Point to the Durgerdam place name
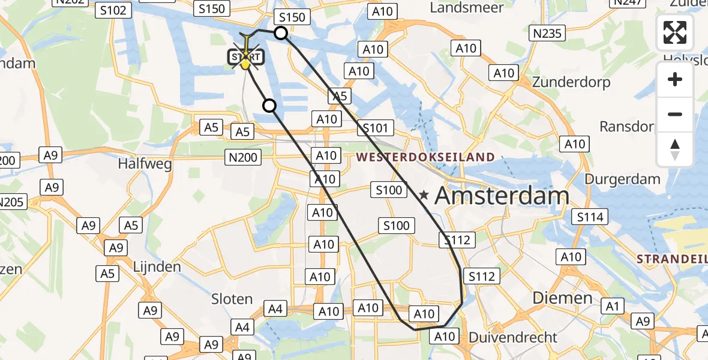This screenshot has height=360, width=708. coord(622,179)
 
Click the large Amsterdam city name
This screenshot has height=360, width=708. coord(502,196)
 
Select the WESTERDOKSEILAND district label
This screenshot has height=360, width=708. coord(426,158)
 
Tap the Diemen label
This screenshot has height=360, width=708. coord(563,298)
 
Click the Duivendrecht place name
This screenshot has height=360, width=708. coord(513,337)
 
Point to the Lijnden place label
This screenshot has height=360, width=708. coord(157,266)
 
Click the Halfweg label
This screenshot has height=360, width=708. coord(145,163)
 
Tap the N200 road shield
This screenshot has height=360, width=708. coord(244,158)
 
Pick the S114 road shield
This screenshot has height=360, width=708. coord(590,217)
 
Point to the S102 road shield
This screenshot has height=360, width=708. coord(113,10)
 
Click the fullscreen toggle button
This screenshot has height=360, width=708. coord(675,32)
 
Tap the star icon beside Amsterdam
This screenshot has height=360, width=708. coord(424,195)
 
